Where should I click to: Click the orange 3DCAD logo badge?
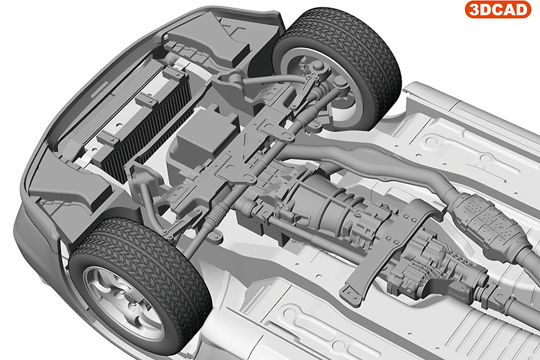click(498, 10)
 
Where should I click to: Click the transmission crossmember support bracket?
click(386, 251)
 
